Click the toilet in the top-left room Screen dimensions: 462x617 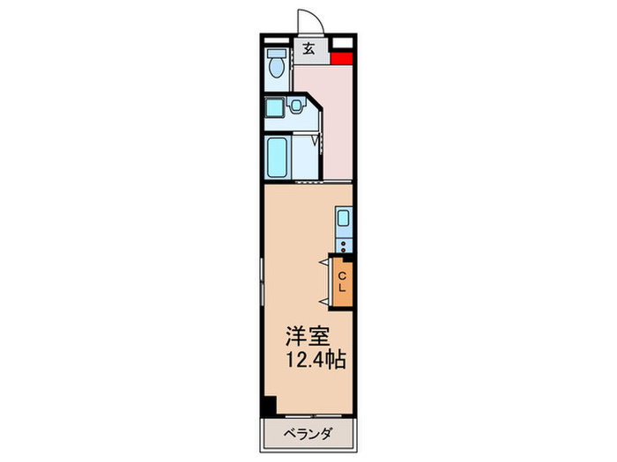coord(276,64)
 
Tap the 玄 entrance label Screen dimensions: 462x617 coord(309,48)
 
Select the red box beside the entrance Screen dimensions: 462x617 coord(341,59)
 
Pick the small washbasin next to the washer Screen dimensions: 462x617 coord(296,107)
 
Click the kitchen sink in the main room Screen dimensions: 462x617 coord(343,219)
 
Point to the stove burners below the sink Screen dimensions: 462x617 coord(343,245)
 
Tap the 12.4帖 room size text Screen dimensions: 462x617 coord(313,359)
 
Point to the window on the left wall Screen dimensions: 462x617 coord(261,282)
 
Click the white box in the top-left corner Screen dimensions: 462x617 coord(272,41)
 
